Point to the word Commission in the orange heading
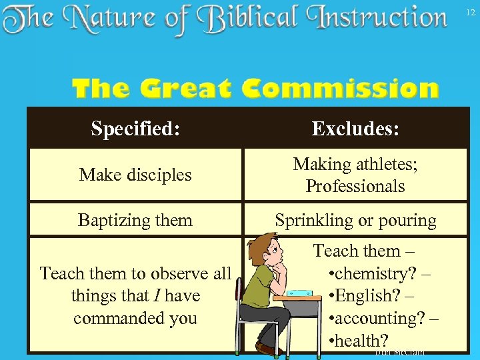(x=340, y=89)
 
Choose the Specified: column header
(x=135, y=128)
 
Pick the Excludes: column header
(x=355, y=128)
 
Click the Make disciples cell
(x=135, y=175)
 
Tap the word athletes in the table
(x=387, y=164)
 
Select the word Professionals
(x=355, y=186)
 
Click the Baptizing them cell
(x=135, y=220)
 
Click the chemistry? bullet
(x=377, y=273)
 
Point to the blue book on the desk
(x=298, y=292)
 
